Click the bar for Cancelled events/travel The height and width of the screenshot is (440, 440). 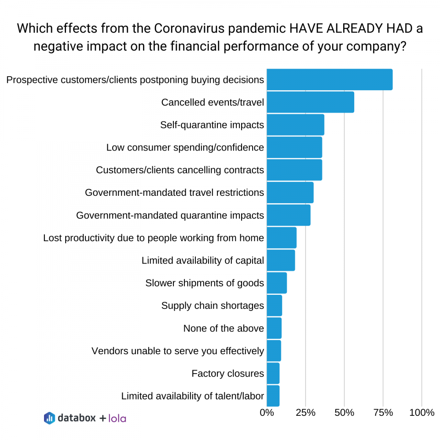pyautogui.click(x=310, y=102)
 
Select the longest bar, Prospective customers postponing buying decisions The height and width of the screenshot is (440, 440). pyautogui.click(x=330, y=80)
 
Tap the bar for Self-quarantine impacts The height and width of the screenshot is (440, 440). pyautogui.click(x=295, y=125)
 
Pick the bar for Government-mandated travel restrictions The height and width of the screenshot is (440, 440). pyautogui.click(x=290, y=192)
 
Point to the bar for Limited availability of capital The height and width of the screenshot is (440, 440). pyautogui.click(x=281, y=260)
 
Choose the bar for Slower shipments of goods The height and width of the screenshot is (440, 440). pyautogui.click(x=277, y=283)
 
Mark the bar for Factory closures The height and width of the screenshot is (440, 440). pyautogui.click(x=273, y=374)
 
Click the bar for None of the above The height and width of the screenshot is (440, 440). pyautogui.click(x=274, y=328)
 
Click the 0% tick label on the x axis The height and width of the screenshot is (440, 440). pyautogui.click(x=267, y=413)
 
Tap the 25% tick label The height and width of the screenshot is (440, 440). pyautogui.click(x=305, y=413)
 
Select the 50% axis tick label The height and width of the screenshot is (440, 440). pyautogui.click(x=344, y=413)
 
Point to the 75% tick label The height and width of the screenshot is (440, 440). pyautogui.click(x=383, y=413)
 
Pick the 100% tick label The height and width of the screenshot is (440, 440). pyautogui.click(x=422, y=413)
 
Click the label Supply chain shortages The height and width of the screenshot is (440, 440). pyautogui.click(x=213, y=305)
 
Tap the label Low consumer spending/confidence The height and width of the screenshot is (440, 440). pyautogui.click(x=185, y=147)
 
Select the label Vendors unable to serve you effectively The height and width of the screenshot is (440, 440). pyautogui.click(x=178, y=351)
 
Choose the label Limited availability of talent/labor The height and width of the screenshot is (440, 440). pyautogui.click(x=192, y=396)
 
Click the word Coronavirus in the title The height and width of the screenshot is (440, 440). pyautogui.click(x=192, y=29)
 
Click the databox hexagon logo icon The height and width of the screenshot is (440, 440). pyautogui.click(x=49, y=418)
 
